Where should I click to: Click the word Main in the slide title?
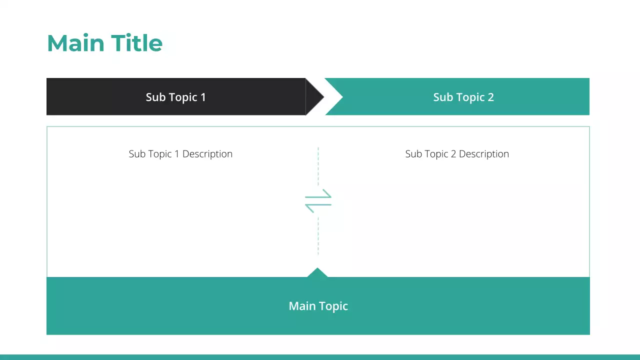[75, 43]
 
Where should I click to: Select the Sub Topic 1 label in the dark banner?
[175, 97]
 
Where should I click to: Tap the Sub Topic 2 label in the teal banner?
[463, 97]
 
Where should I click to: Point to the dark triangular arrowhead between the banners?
[313, 97]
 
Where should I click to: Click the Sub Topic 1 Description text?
[180, 154]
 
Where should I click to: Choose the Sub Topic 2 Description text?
[457, 154]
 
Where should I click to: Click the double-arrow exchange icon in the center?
[318, 201]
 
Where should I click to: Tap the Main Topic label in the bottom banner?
[318, 306]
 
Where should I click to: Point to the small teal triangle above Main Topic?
[317, 273]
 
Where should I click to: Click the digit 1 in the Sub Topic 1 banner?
[203, 97]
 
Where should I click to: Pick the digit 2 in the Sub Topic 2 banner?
[490, 97]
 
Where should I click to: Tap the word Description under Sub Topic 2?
[483, 154]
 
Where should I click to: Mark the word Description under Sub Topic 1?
[207, 154]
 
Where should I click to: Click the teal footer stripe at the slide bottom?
[320, 357]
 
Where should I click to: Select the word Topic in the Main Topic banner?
[333, 306]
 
